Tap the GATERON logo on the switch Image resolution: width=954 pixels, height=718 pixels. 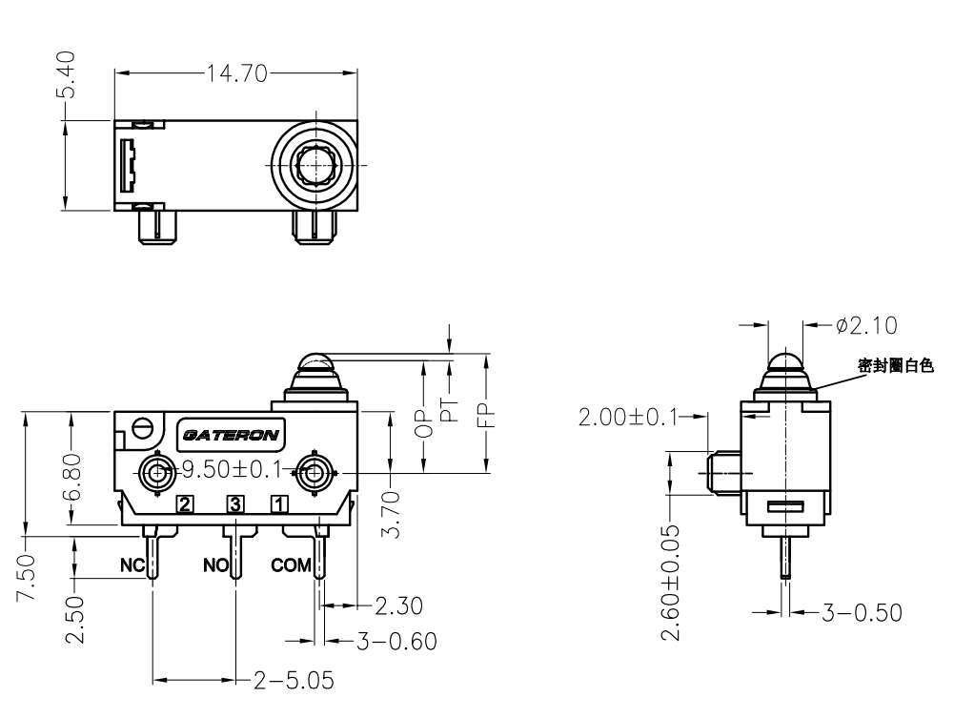click(x=232, y=436)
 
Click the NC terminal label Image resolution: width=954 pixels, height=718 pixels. click(x=132, y=565)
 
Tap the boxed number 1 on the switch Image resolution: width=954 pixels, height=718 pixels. click(x=278, y=503)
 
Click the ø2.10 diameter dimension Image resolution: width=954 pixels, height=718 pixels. click(x=865, y=325)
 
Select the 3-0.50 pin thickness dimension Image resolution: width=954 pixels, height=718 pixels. click(x=863, y=611)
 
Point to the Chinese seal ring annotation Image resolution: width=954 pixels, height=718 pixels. click(x=896, y=364)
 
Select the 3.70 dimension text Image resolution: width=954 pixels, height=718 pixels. click(x=391, y=512)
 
